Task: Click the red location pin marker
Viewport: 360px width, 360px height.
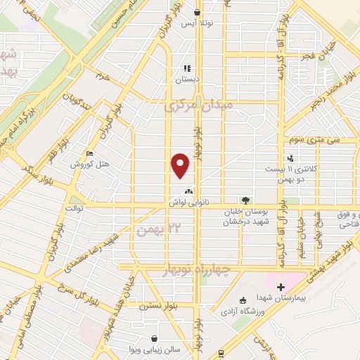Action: point(181,165)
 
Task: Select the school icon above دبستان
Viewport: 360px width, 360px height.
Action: point(187,68)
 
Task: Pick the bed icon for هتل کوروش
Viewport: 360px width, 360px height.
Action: point(88,153)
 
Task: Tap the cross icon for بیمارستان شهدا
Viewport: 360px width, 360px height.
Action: point(280,287)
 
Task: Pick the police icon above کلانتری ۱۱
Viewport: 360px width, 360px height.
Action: point(290,159)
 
